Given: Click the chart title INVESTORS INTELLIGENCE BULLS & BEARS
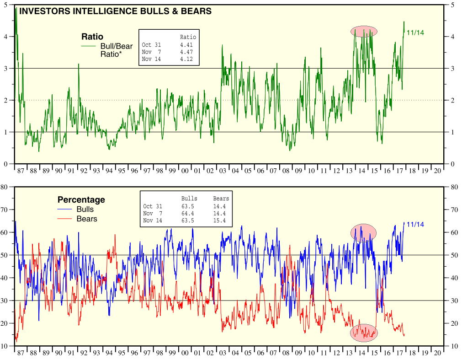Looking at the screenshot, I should coord(115,11).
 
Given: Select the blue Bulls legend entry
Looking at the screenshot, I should coord(85,210).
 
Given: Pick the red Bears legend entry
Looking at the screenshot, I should coord(86,219).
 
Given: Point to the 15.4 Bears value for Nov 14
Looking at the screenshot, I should coord(219,220).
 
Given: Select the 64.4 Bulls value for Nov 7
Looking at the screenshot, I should coord(187,214).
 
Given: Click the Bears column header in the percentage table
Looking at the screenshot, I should coord(221,199).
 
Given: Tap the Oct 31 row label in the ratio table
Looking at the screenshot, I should coord(152,45).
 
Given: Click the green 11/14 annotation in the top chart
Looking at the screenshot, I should coord(415,32).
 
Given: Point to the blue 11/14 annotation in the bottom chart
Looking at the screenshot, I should coord(415,224).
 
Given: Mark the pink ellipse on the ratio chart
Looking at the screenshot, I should coord(364,31).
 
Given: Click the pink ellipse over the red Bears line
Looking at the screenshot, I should coord(364,333).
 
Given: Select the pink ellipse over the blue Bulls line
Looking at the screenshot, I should coord(363,232).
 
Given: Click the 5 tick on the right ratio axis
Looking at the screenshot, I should coord(452,5).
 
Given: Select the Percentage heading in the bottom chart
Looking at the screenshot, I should coord(81,200).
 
